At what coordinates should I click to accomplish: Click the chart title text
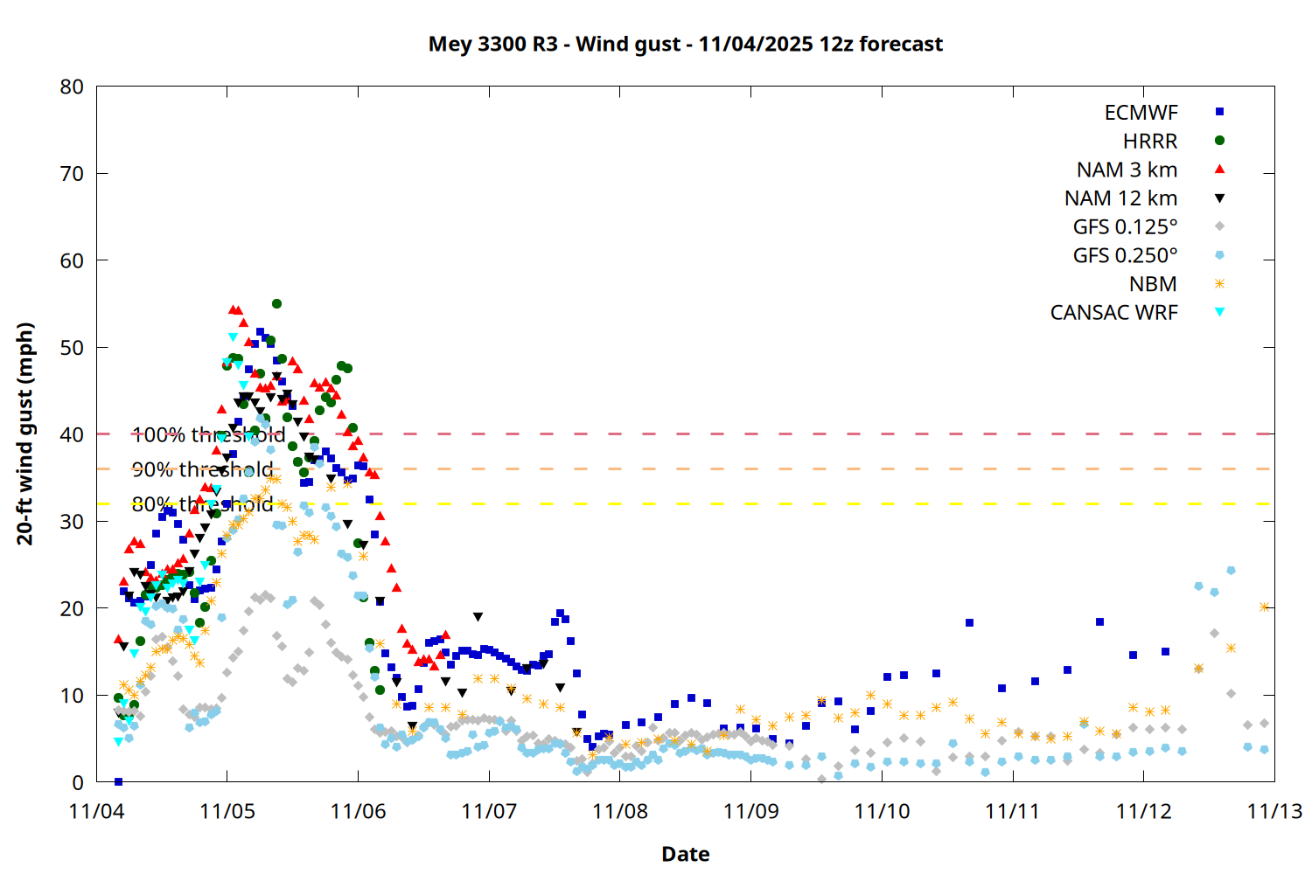coord(685,44)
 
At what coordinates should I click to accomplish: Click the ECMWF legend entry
coord(1141,113)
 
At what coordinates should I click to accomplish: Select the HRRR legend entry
coord(1150,142)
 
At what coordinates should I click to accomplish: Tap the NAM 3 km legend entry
coord(1127,170)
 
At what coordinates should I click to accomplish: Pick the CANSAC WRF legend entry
coord(1113,313)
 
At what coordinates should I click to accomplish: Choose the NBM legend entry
coord(1153,284)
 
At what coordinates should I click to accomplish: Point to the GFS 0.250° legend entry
coord(1125,255)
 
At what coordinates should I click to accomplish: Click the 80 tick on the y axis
coord(73,87)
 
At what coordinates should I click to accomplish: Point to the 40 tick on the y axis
coord(73,434)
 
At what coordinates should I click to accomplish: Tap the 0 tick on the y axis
coord(79,782)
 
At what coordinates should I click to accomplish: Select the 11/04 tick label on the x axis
coord(96,811)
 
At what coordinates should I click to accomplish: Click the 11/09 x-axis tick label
coord(750,811)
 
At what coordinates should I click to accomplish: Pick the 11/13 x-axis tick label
coord(1274,811)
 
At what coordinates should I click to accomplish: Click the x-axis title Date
coord(685,854)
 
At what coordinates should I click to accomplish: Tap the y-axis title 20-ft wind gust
coord(25,434)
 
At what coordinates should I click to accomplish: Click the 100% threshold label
coord(208,434)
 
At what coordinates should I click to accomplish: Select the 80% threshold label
coord(202,504)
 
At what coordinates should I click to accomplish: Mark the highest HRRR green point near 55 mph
coord(276,304)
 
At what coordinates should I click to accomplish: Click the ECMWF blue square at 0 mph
coord(118,781)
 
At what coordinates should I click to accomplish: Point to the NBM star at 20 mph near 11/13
coord(1264,607)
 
